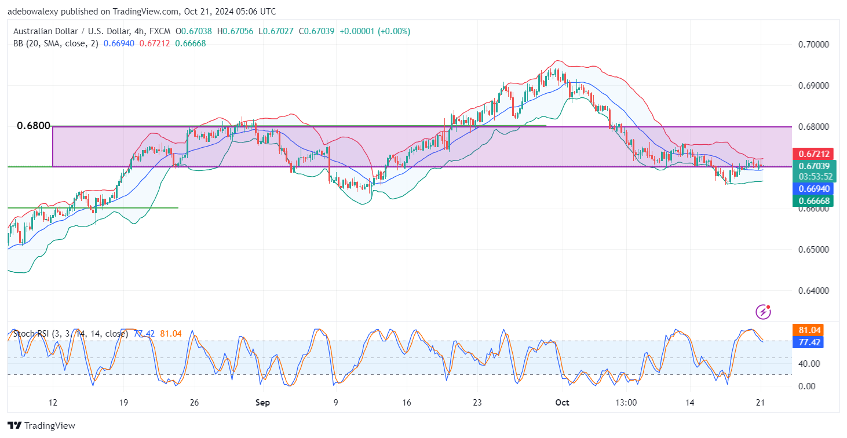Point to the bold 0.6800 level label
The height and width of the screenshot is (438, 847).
[x=34, y=126]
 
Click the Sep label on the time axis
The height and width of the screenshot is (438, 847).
[x=262, y=402]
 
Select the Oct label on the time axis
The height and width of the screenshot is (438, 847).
[x=562, y=402]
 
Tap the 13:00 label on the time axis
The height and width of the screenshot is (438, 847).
[x=627, y=402]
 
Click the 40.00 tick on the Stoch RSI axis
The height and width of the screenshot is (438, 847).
[x=809, y=364]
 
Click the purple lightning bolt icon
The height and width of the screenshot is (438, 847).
[x=764, y=312]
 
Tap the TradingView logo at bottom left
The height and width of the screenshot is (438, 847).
[x=41, y=425]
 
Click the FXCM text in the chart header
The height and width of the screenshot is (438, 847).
[x=156, y=31]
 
